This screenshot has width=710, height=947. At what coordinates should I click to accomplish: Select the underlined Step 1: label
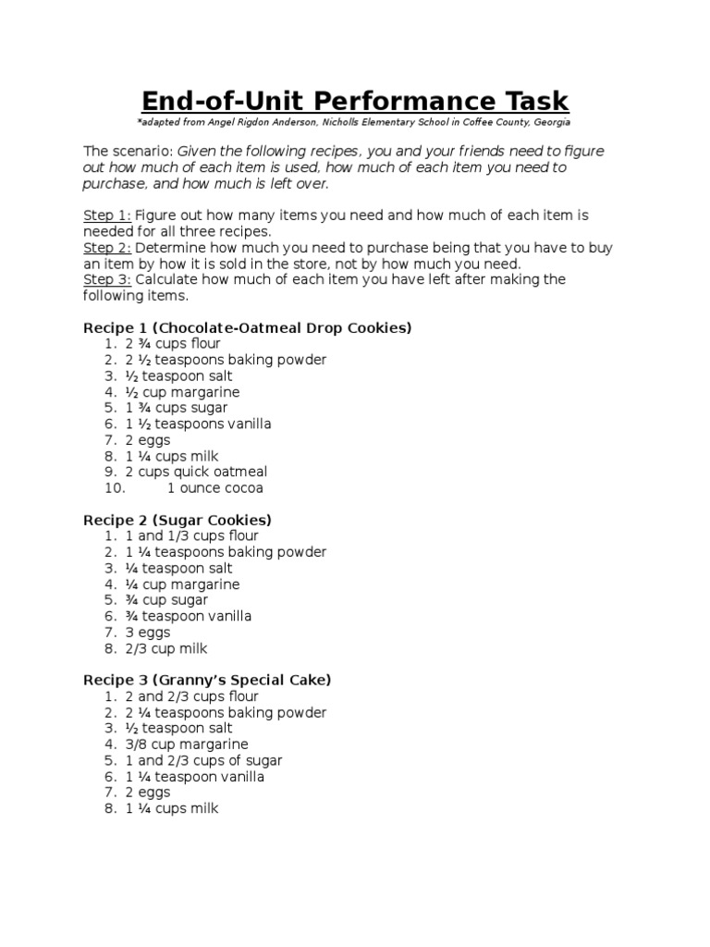[107, 215]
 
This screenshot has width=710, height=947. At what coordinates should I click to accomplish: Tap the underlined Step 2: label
[107, 248]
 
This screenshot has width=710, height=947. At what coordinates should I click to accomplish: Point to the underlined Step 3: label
[107, 279]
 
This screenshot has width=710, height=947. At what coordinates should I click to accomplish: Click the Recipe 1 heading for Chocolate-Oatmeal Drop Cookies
[247, 327]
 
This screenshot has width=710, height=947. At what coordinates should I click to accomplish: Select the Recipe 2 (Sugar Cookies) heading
[177, 520]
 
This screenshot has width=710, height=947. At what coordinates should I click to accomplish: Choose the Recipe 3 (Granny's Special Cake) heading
[207, 680]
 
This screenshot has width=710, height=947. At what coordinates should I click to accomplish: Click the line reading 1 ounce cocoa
[215, 488]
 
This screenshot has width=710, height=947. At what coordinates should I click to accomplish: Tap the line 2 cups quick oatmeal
[196, 472]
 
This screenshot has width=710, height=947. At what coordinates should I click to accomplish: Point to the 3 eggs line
[148, 633]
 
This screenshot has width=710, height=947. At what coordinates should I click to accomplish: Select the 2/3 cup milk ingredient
[166, 648]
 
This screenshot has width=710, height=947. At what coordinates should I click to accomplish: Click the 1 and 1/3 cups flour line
[192, 536]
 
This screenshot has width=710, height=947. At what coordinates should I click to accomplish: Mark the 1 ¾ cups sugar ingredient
[177, 408]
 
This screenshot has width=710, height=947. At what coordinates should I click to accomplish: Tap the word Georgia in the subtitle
[549, 122]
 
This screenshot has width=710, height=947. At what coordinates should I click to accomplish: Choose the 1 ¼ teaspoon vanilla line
[195, 777]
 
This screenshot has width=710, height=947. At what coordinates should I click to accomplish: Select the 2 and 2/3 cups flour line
[192, 696]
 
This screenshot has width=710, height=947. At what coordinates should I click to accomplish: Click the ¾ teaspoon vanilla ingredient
[189, 616]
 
